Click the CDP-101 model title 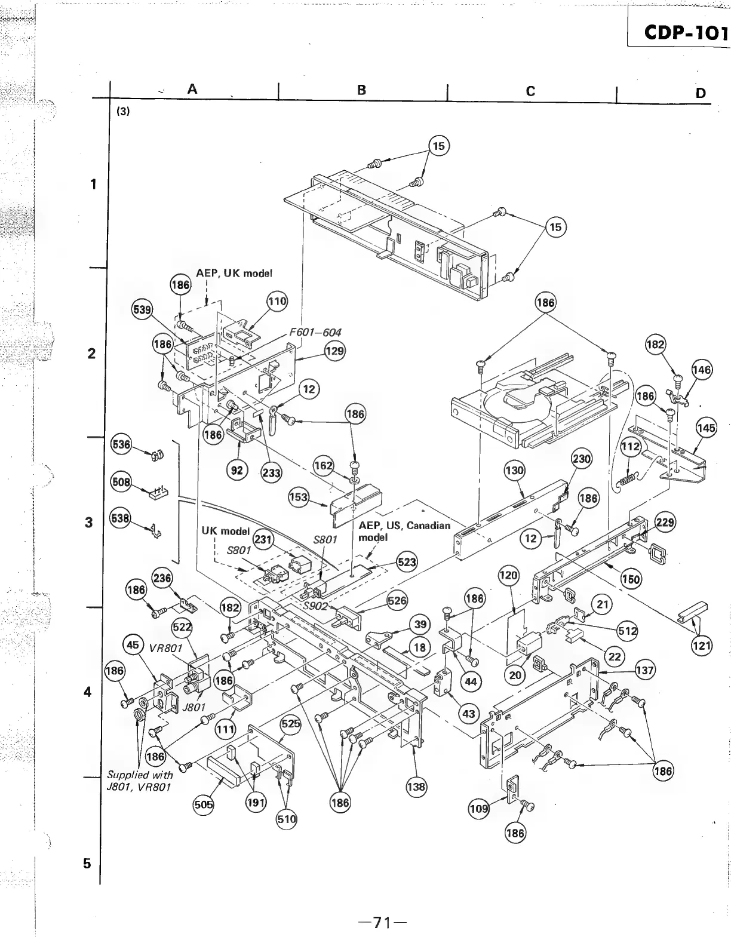point(686,32)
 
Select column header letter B point(361,90)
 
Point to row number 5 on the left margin point(87,863)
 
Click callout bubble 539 point(142,309)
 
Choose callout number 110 point(277,301)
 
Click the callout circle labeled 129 point(334,351)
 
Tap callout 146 point(702,370)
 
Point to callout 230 point(581,459)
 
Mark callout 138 point(416,787)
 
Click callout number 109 point(479,810)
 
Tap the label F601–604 point(315,333)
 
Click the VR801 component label point(167,649)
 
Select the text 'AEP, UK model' point(234,273)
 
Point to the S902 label point(314,605)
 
